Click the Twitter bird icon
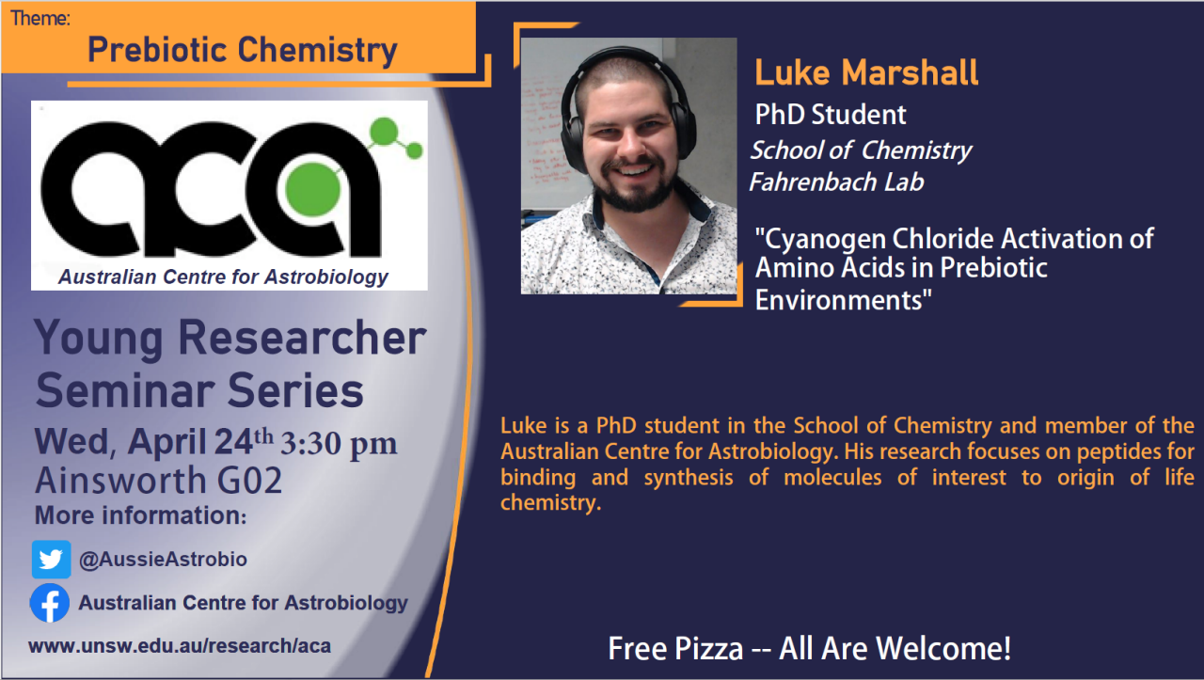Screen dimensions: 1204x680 coord(51,560)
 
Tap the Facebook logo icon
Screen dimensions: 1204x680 coord(50,603)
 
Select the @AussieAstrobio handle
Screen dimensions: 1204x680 coord(163,560)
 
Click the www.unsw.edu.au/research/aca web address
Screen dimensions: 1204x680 coord(180,645)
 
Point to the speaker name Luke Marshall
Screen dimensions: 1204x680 coord(866,72)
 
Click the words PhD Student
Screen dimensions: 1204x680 coord(831,115)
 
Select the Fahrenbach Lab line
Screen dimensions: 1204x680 coord(836,182)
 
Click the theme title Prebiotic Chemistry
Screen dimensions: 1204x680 coord(243,51)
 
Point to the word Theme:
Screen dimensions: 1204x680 coord(40,18)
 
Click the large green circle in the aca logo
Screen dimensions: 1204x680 coord(313,189)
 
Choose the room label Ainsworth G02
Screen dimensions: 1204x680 coord(159,480)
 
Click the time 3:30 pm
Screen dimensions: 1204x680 coord(339,444)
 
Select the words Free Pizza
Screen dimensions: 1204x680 coord(675,648)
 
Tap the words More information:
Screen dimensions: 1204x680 coord(141,515)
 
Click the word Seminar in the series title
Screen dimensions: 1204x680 coord(126,391)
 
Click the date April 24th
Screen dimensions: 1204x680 coord(200,442)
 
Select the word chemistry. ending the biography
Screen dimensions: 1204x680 coord(550,503)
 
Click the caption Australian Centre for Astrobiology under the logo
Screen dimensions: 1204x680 coord(223,277)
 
